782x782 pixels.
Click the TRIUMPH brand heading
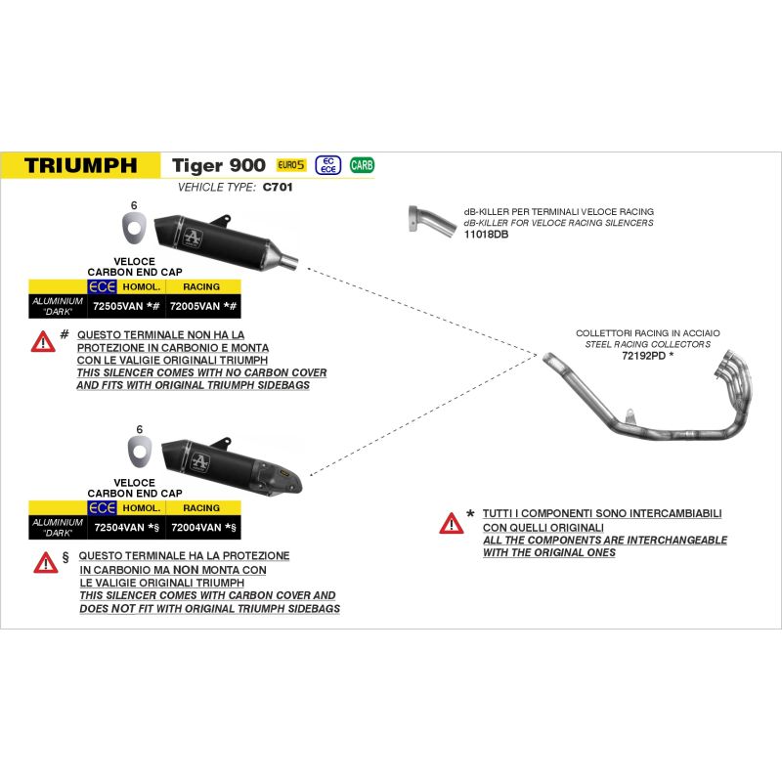(80, 165)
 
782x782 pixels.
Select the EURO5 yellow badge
(291, 165)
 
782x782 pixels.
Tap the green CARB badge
(362, 165)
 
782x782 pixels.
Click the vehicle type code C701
(279, 186)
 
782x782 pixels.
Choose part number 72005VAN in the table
(197, 307)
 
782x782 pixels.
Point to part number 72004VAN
(197, 528)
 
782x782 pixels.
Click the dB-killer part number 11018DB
(487, 236)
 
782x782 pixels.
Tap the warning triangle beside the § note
(45, 562)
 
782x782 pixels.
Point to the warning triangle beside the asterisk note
(451, 523)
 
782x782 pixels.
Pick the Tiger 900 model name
(219, 165)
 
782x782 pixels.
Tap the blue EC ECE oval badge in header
(327, 165)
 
